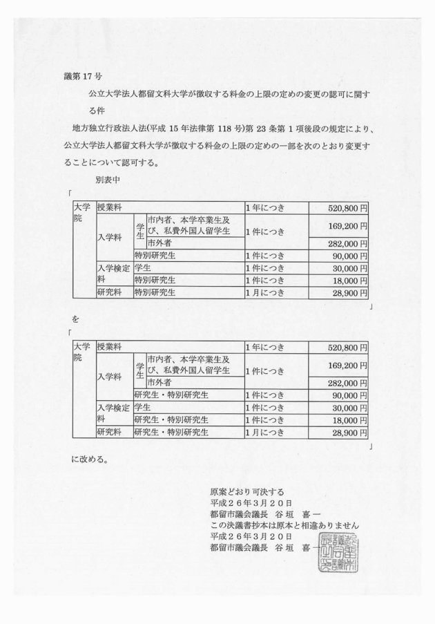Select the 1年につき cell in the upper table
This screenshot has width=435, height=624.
click(266, 207)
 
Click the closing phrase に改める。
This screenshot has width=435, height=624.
click(89, 459)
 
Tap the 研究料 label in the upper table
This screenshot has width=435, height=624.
click(110, 294)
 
